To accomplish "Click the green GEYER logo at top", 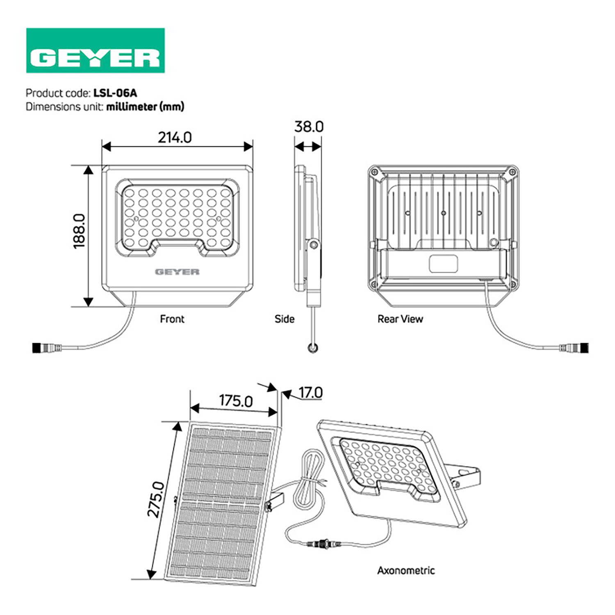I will pos(95,50).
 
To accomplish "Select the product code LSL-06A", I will pos(115,93).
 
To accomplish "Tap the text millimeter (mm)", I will pos(145,107).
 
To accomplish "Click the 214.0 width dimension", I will pos(175,137).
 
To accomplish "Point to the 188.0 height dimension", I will pos(79,231).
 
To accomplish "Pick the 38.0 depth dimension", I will pos(309,127).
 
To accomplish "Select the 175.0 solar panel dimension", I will pos(236,401).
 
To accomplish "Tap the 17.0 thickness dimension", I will pos(310,393).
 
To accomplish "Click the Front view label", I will pos(172,319).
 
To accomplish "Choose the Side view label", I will pos(285,319).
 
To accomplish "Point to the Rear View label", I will pos(400,319).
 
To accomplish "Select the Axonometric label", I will pos(406,570).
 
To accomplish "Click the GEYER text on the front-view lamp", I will pos(177,271).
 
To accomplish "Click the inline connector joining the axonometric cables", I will pos(324,544).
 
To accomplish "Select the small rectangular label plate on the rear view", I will pos(443,263).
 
